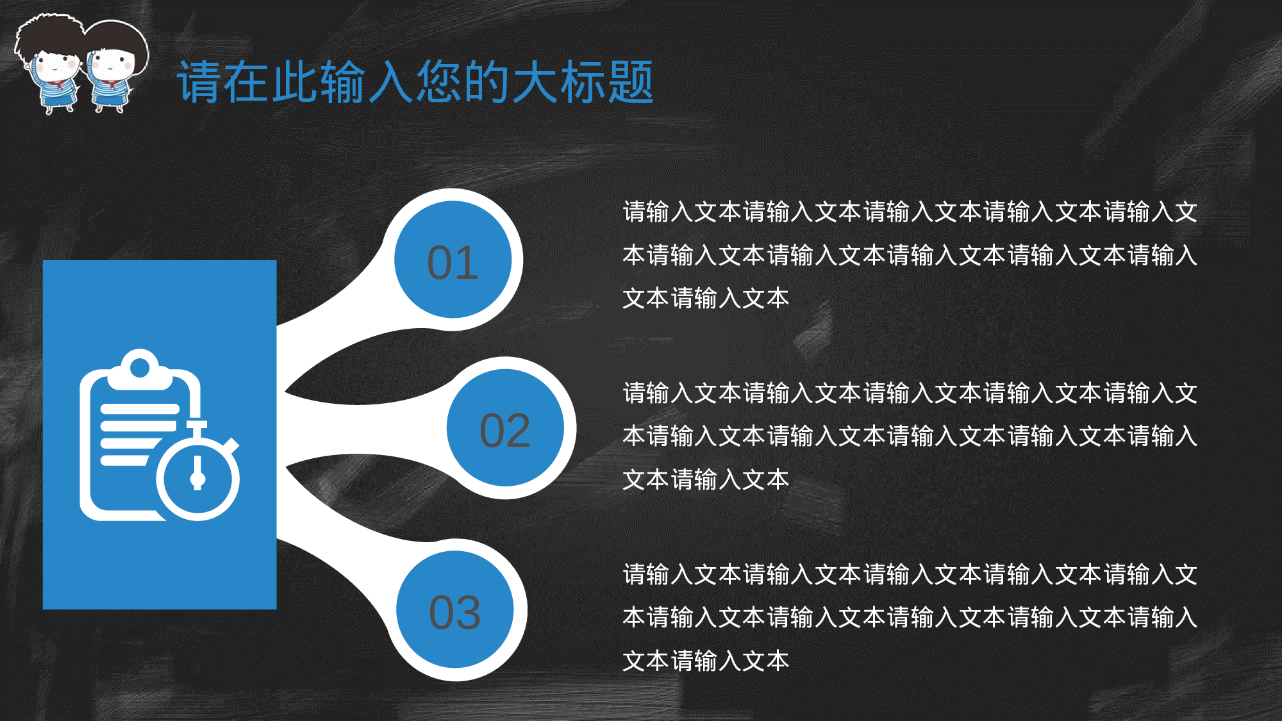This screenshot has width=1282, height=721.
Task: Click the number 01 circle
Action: point(453,260)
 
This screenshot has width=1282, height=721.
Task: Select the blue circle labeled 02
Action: point(505,428)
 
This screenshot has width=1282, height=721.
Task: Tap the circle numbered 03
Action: point(454,609)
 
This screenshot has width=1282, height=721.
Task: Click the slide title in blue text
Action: point(415,82)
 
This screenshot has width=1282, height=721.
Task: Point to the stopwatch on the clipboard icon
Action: point(198,477)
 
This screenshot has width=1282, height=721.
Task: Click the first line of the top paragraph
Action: point(910,211)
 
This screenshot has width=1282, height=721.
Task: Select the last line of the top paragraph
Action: point(706,298)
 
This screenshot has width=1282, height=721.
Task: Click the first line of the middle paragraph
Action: point(910,393)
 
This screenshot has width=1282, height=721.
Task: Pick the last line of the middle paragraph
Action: point(706,479)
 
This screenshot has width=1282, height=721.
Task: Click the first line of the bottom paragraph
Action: point(910,574)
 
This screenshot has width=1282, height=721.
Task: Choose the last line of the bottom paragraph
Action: point(706,661)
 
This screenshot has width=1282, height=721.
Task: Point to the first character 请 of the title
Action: point(199,82)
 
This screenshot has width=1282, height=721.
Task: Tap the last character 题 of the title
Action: point(631,82)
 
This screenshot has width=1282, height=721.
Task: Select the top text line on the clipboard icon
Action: point(140,409)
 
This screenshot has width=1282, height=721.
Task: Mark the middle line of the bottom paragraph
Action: point(910,617)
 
